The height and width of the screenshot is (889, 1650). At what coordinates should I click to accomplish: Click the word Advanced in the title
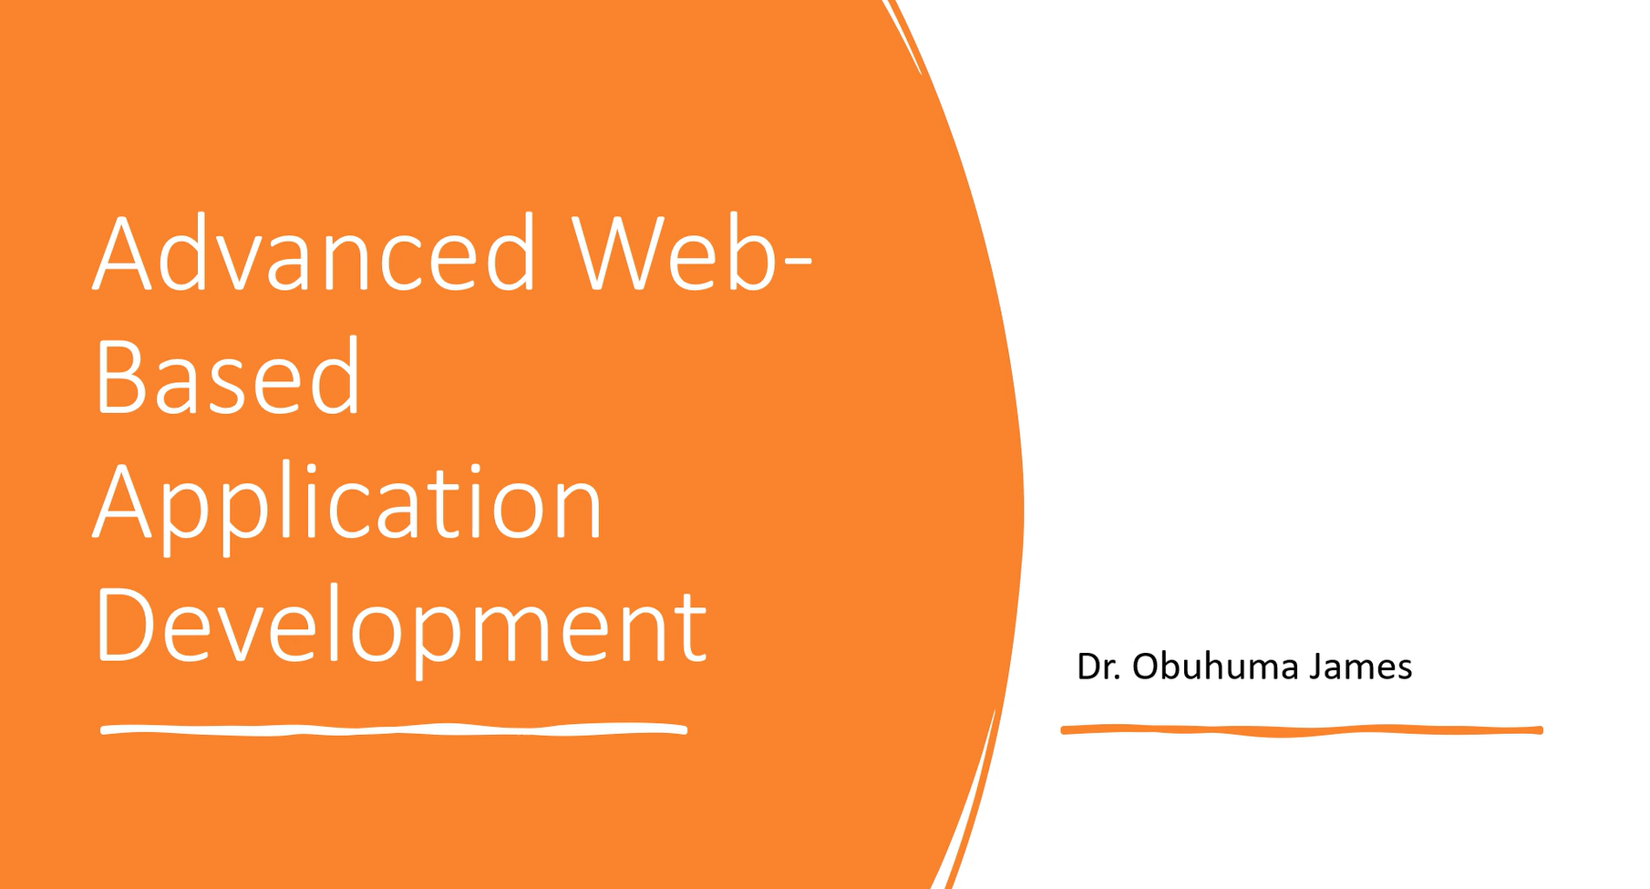(x=315, y=252)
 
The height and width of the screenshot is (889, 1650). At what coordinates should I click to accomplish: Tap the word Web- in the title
(x=692, y=252)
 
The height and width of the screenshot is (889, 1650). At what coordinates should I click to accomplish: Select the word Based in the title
(x=228, y=377)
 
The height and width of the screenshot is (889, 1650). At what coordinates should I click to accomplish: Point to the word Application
(x=347, y=506)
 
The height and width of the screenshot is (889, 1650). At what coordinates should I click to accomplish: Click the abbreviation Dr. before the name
(x=1098, y=667)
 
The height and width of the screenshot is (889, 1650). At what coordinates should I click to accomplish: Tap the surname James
(x=1361, y=667)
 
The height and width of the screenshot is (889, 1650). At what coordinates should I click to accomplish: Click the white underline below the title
(x=393, y=729)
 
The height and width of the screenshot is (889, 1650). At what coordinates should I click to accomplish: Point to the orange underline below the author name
(x=1302, y=730)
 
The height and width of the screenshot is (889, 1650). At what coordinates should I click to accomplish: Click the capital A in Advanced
(x=121, y=253)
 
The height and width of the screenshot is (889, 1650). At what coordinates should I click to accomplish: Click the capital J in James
(x=1317, y=667)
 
